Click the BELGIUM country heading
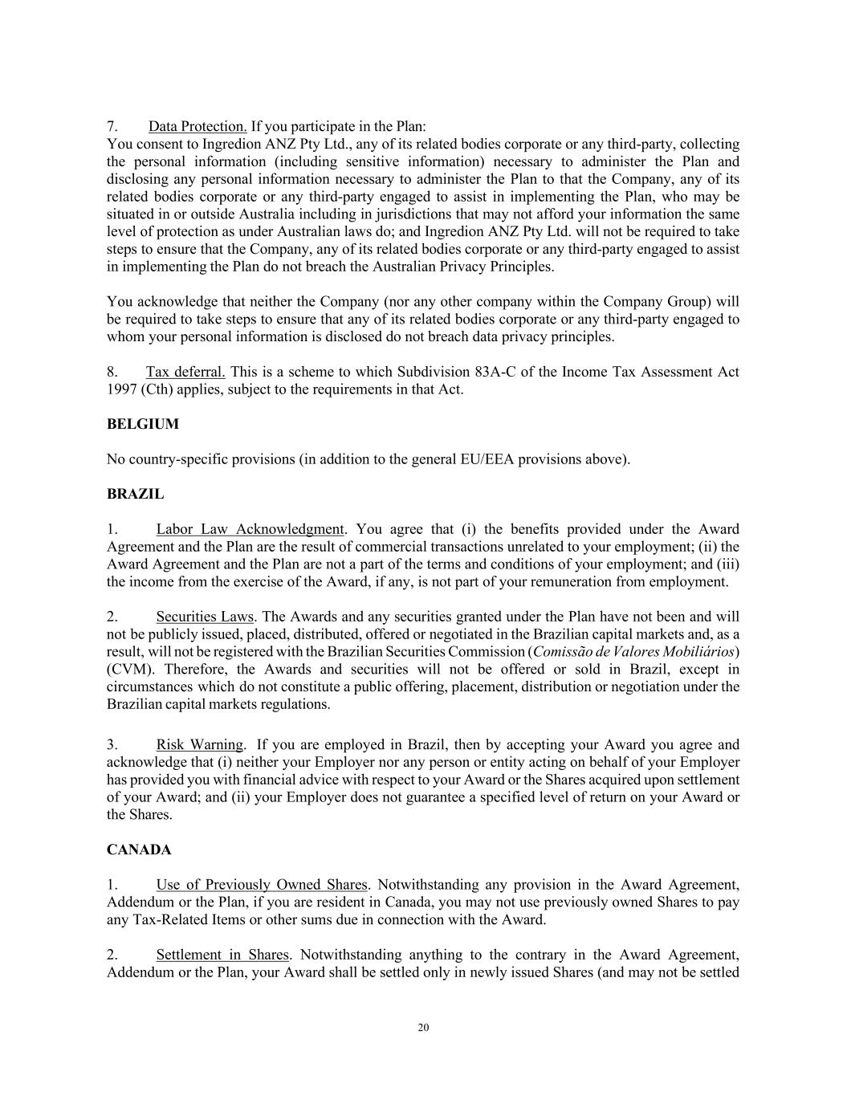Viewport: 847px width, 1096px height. click(x=142, y=424)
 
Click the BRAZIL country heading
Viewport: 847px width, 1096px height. click(x=135, y=495)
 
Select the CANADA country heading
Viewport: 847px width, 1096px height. click(x=139, y=850)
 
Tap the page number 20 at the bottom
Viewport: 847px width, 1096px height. click(x=423, y=1028)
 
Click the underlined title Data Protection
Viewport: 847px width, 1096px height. click(x=197, y=127)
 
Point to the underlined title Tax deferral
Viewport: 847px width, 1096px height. click(x=185, y=372)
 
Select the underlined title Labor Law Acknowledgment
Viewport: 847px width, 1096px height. click(x=250, y=529)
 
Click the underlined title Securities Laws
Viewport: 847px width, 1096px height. click(x=205, y=617)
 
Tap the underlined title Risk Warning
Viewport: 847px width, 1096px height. click(x=199, y=745)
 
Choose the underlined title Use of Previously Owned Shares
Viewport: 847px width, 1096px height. click(x=262, y=885)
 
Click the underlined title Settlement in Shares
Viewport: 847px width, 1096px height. click(x=222, y=955)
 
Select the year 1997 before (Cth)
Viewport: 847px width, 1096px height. click(x=122, y=389)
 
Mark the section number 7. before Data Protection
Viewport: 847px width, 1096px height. click(x=112, y=127)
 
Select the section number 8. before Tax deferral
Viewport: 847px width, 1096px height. click(x=112, y=372)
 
